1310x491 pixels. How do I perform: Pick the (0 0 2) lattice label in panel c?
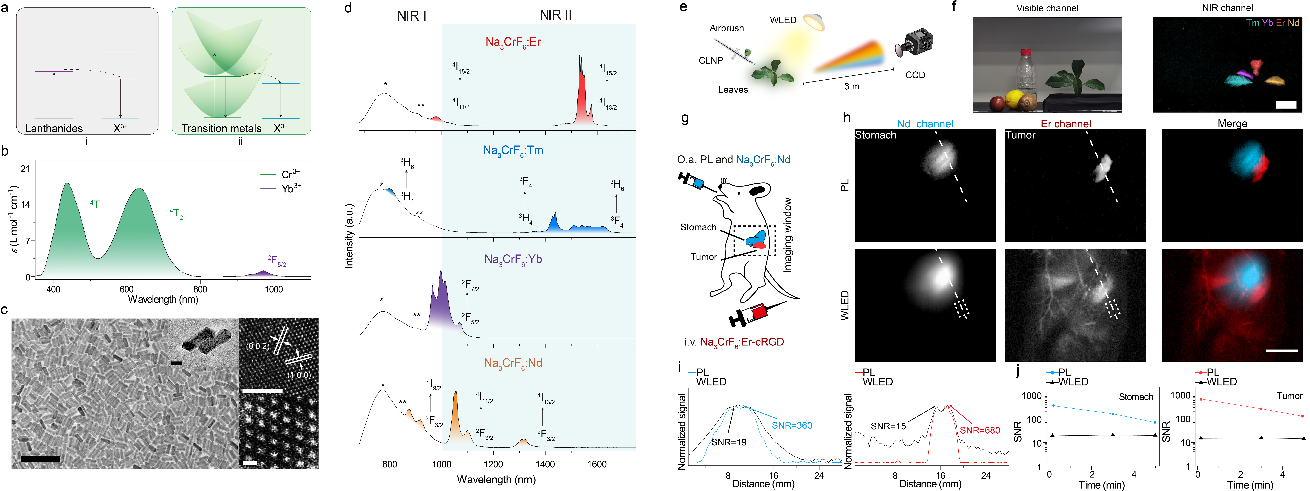tap(257, 346)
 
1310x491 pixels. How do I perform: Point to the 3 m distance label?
tap(852, 86)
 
